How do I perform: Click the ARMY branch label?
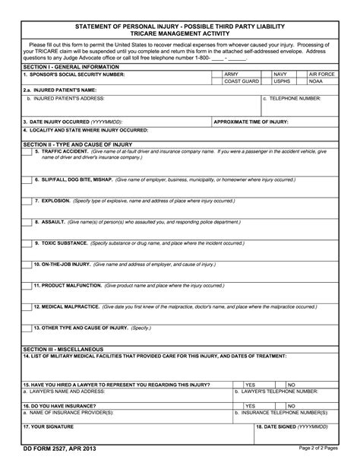[231, 74]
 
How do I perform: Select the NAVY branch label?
[281, 74]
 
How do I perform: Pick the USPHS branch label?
[282, 81]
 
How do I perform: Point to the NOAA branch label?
[317, 81]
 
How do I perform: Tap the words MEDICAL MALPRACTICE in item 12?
[68, 306]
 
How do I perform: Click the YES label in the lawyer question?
[250, 385]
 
